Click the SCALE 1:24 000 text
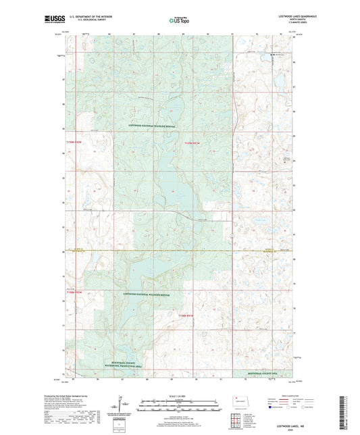(180, 396)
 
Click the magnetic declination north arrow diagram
(123, 405)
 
